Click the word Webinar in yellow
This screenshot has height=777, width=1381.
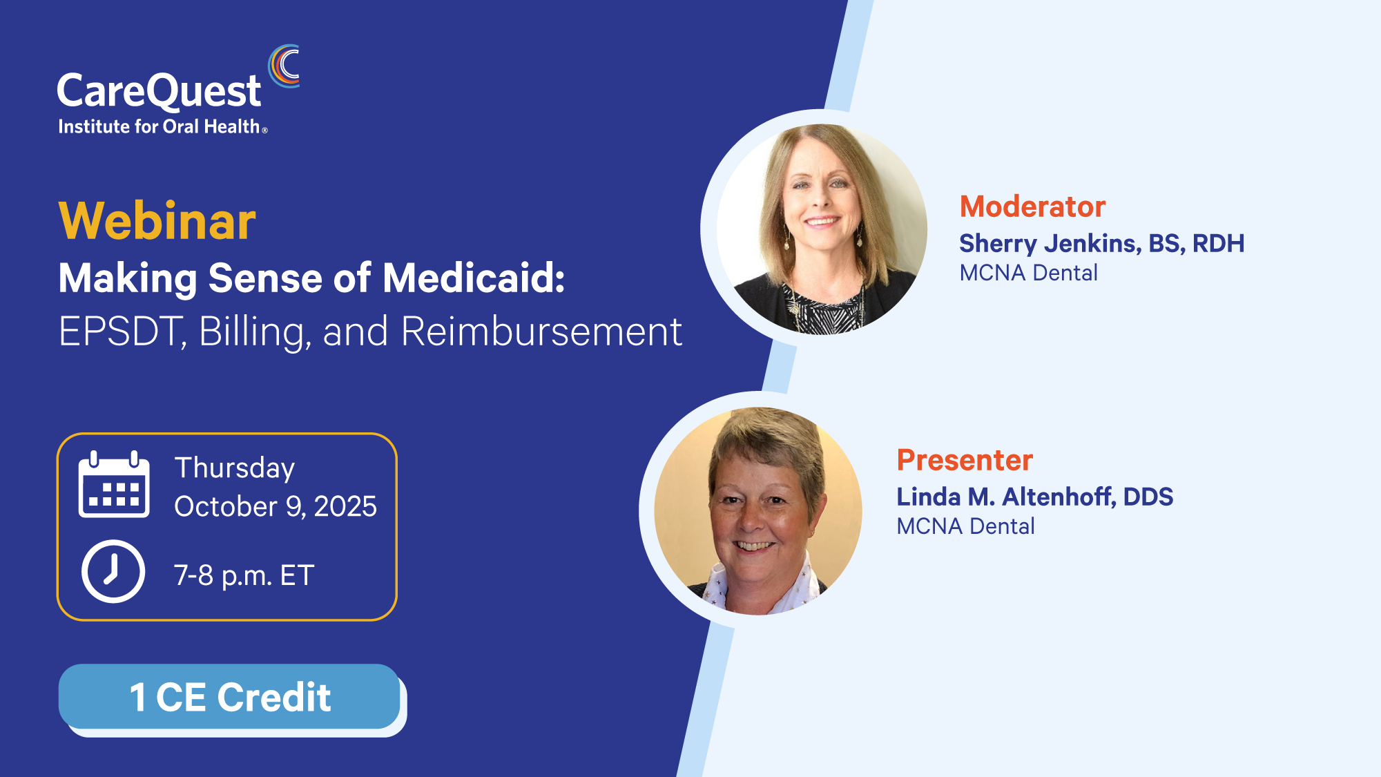(x=157, y=221)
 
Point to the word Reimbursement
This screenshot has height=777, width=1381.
(x=541, y=332)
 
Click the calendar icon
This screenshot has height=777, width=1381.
(x=114, y=484)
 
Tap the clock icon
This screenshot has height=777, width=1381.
(x=113, y=571)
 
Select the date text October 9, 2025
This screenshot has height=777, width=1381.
(x=276, y=506)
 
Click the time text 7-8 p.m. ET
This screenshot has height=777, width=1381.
(x=244, y=575)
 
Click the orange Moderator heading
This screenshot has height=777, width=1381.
(x=1032, y=207)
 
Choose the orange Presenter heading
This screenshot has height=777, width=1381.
(x=965, y=460)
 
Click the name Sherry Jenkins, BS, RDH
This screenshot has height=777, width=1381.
(x=1102, y=243)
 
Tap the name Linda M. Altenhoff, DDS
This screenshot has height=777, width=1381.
(x=1035, y=497)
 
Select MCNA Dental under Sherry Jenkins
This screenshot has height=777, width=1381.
(x=1029, y=273)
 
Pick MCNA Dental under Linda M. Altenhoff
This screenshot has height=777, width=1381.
(x=966, y=526)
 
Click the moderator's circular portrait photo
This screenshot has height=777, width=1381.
(x=822, y=229)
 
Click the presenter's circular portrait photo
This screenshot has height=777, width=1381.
(x=758, y=510)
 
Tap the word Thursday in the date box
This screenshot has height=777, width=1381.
(x=235, y=468)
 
